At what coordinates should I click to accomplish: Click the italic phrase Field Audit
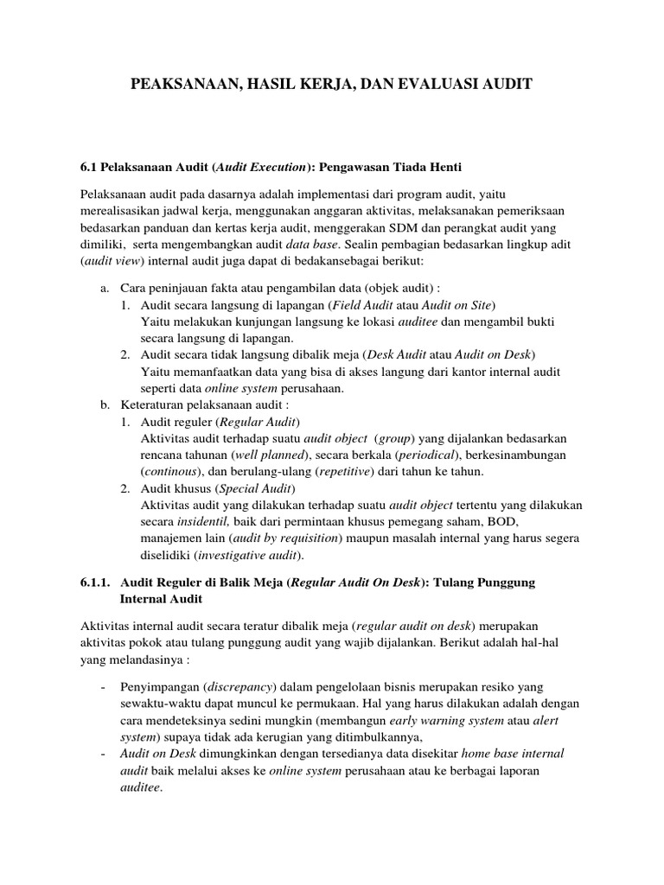click(367, 305)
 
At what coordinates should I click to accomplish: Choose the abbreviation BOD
click(502, 521)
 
